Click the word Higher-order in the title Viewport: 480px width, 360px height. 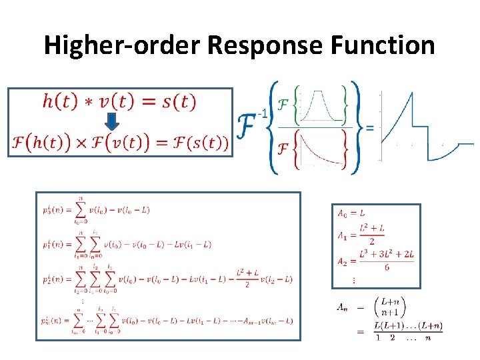[121, 45]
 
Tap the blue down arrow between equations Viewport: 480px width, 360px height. [113, 122]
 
